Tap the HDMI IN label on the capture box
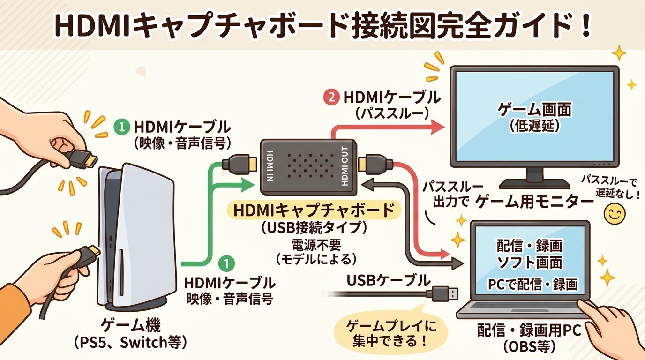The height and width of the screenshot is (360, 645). [269, 167]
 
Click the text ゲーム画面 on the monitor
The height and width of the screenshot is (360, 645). [534, 111]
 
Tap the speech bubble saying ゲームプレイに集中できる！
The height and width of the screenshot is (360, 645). [390, 333]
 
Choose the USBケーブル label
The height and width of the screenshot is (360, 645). [388, 281]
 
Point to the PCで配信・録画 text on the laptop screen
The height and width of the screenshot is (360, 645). [532, 284]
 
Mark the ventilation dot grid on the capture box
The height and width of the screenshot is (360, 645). [307, 167]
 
